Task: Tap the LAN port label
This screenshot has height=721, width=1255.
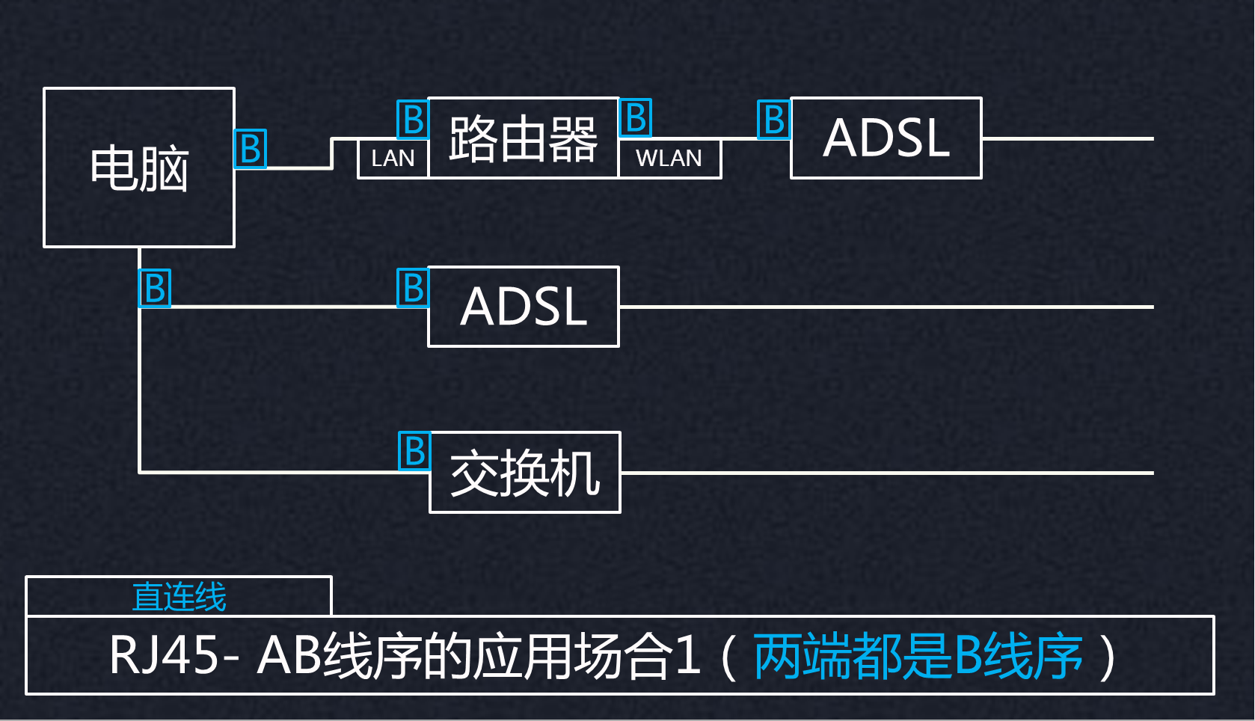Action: pos(393,159)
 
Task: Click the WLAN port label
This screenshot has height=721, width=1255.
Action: pos(669,159)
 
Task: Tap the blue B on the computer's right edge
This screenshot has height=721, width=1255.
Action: pos(251,149)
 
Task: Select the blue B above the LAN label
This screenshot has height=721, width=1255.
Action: pos(413,119)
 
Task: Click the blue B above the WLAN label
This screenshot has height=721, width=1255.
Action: pos(635,117)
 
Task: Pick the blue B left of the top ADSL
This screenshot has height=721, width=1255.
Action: pos(774,119)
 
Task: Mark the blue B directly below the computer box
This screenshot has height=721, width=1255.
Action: pos(155,288)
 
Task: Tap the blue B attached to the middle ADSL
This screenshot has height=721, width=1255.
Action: pos(413,288)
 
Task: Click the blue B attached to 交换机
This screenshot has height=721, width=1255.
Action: pos(414,451)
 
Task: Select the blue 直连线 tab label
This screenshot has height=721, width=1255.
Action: pos(179,597)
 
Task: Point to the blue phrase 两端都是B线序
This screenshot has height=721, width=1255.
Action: pos(918,655)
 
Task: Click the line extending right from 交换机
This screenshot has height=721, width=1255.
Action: pos(888,473)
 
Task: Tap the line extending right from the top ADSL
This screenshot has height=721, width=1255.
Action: pos(1068,138)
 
